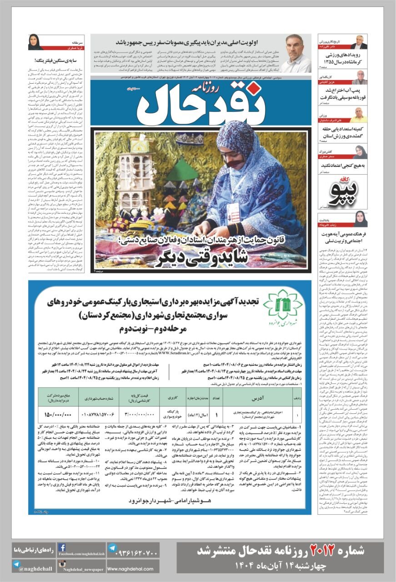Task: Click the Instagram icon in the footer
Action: tap(62, 564)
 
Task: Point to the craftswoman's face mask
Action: tap(237, 161)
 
